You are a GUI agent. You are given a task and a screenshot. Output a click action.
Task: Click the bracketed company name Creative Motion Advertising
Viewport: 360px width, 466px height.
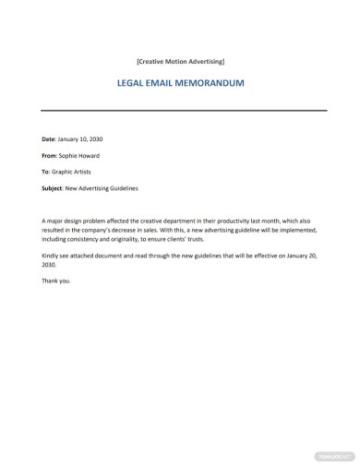tap(180, 62)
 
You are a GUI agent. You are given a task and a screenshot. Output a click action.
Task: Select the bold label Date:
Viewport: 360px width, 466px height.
tap(50, 138)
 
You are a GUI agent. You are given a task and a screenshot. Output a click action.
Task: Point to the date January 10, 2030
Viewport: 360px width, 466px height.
tap(81, 138)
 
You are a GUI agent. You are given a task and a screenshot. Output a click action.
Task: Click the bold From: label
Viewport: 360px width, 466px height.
tap(51, 155)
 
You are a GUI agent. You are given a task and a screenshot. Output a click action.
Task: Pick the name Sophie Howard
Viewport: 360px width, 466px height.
tap(81, 155)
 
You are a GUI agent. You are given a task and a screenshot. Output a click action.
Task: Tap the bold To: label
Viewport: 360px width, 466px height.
tap(47, 172)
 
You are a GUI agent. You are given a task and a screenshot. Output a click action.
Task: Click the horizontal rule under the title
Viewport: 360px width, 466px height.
tap(185, 111)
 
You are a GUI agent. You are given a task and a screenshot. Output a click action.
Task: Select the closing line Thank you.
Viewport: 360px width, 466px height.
tap(55, 281)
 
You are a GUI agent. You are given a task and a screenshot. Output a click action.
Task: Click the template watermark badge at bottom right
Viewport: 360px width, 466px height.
tap(334, 455)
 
